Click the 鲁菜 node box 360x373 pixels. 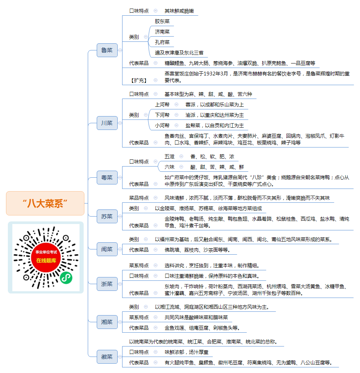(x=107, y=50)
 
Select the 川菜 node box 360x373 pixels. (x=107, y=123)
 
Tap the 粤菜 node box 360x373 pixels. (x=107, y=177)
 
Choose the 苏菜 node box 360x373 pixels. (x=107, y=217)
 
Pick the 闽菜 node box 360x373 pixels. (x=107, y=249)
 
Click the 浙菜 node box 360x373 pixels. (x=107, y=284)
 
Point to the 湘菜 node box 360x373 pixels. (x=107, y=322)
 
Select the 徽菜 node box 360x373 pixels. (x=107, y=357)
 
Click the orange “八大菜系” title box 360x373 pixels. (x=45, y=203)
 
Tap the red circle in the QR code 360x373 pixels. (x=46, y=257)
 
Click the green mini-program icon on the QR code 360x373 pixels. (x=66, y=278)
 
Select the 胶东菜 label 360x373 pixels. (x=162, y=21)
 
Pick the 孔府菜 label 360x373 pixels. (x=162, y=42)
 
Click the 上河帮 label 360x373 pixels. (x=162, y=105)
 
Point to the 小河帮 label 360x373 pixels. (x=162, y=125)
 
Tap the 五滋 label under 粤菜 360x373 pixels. (x=170, y=156)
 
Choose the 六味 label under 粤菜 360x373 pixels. (x=170, y=167)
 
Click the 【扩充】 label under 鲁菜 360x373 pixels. (x=139, y=80)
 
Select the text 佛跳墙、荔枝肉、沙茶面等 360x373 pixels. (x=195, y=250)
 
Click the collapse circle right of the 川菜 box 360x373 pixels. (x=120, y=123)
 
